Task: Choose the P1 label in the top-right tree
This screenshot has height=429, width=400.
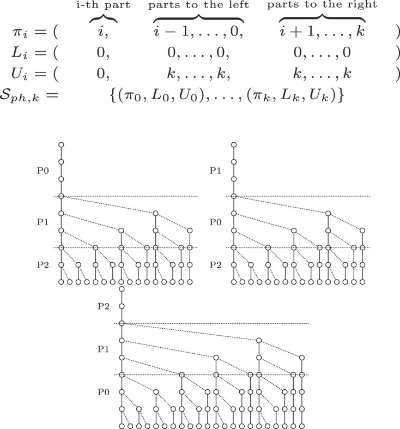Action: click(x=215, y=171)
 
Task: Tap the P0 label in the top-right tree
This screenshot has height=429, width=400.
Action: click(x=215, y=222)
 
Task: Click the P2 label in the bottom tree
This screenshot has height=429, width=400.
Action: click(x=104, y=307)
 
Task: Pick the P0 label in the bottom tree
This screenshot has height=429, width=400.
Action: click(x=104, y=391)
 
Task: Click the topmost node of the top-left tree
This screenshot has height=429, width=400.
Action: click(x=62, y=145)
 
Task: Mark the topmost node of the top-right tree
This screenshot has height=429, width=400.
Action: click(x=234, y=145)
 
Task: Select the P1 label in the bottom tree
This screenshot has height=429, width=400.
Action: click(x=104, y=349)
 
